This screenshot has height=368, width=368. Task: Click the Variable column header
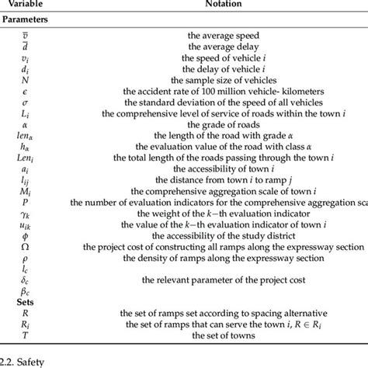25,5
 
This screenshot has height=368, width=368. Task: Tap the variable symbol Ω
25,245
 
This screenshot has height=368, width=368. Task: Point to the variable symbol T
25,334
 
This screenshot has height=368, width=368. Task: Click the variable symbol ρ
25,256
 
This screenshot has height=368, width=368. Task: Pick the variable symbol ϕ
25,234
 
